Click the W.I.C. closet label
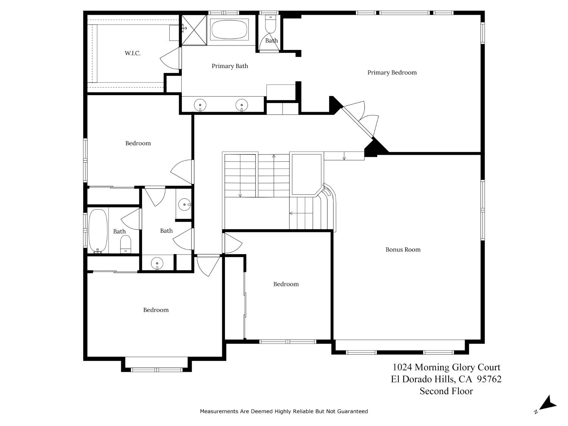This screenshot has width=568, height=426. [x=133, y=53]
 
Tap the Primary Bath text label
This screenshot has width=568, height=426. [x=230, y=66]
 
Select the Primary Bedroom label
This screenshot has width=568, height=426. [x=392, y=73]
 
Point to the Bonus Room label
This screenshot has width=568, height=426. [x=403, y=250]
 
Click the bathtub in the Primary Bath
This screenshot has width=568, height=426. [x=229, y=30]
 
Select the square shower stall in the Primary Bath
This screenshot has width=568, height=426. [x=194, y=30]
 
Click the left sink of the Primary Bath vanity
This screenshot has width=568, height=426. [x=200, y=105]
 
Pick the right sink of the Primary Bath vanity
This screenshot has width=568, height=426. [x=242, y=105]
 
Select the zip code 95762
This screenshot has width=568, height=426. [x=489, y=379]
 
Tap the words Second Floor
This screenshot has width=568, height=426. [x=446, y=391]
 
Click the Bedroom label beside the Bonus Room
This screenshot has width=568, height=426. [x=286, y=284]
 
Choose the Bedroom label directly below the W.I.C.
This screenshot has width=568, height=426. [x=138, y=144]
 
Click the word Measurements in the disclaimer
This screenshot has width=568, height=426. [x=219, y=411]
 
